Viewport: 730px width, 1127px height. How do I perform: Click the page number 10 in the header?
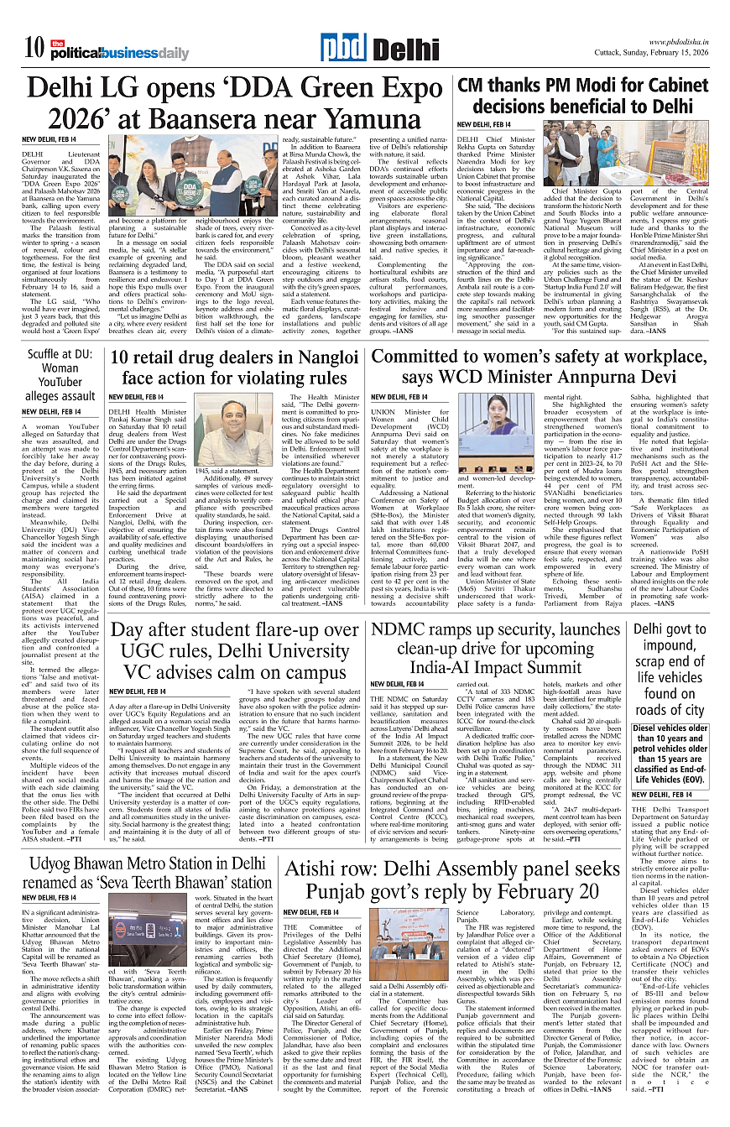pos(34,49)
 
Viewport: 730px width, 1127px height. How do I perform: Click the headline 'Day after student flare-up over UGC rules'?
pos(235,650)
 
